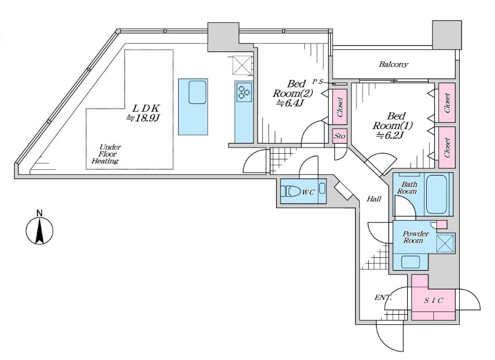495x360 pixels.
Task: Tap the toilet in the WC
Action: [x=292, y=191]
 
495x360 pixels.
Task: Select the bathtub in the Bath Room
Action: [x=436, y=195]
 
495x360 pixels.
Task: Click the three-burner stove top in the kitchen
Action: [x=244, y=92]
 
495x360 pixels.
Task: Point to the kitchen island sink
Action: [x=198, y=92]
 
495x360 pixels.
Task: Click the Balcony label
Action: [x=393, y=64]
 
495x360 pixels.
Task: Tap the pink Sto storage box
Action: [x=340, y=136]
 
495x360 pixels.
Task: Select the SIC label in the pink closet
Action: [x=433, y=300]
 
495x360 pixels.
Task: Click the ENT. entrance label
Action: [x=383, y=297]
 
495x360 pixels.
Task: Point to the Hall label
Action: [x=374, y=199]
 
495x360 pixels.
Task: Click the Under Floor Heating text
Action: [x=106, y=154]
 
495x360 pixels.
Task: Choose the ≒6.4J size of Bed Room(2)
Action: [x=290, y=103]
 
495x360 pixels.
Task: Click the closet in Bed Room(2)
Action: [x=340, y=107]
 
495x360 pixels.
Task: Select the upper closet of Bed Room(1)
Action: [x=447, y=103]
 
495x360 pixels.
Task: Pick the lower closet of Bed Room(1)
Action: [x=447, y=148]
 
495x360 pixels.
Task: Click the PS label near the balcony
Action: [x=317, y=82]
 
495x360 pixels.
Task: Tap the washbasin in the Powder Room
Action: [x=411, y=262]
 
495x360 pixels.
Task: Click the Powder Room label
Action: [x=416, y=237]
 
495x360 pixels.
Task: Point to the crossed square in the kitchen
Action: [x=242, y=65]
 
